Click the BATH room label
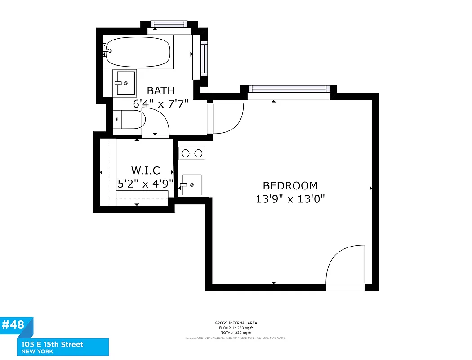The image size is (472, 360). click(x=160, y=90)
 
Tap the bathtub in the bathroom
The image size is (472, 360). click(x=138, y=52)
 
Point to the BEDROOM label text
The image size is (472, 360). click(x=290, y=185)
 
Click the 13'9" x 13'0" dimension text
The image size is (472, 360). click(x=290, y=198)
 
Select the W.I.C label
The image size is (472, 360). click(x=145, y=171)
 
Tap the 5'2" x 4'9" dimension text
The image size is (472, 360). click(x=145, y=184)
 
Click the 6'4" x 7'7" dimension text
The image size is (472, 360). click(x=160, y=103)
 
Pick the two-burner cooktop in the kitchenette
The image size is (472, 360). click(x=192, y=153)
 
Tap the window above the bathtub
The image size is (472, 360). click(x=169, y=24)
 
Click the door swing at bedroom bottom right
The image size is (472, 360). click(x=345, y=265)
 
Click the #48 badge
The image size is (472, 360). click(x=14, y=325)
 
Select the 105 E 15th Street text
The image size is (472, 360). click(x=52, y=344)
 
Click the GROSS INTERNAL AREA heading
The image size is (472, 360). click(x=236, y=323)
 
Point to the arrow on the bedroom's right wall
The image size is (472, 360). click(x=371, y=188)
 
